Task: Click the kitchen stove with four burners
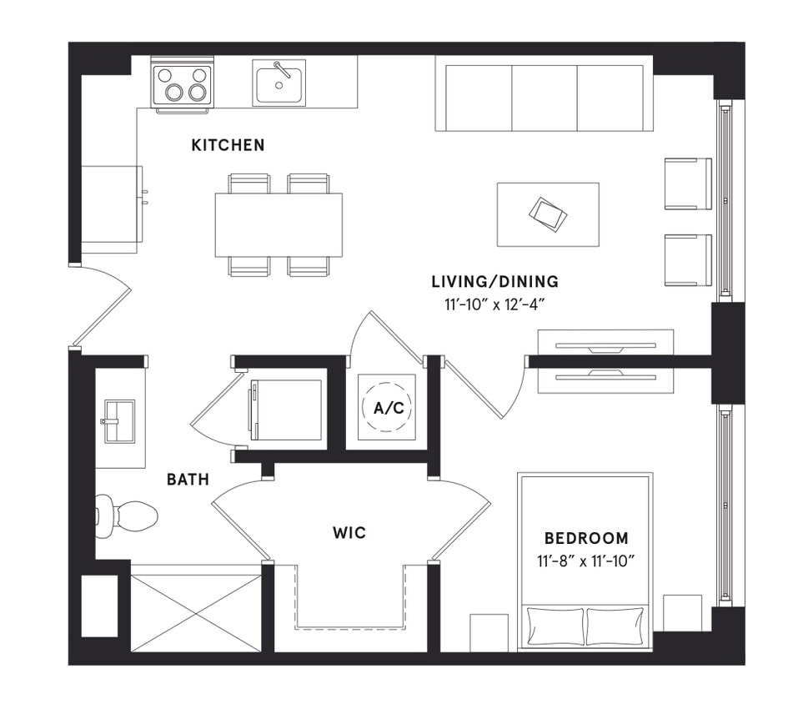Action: coord(182,84)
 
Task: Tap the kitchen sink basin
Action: coord(279,83)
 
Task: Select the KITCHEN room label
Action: coord(228,145)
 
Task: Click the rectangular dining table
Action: coord(279,224)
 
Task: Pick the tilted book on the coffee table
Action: coord(547,214)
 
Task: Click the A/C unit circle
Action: coord(387,407)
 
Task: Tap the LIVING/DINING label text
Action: coord(494,282)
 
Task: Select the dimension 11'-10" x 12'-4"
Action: coord(494,304)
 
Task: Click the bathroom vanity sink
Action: coord(118,421)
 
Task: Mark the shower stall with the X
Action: coord(196,607)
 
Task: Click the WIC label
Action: coord(349,532)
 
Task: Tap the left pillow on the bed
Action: coord(554,626)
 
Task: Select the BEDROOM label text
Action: coord(586,538)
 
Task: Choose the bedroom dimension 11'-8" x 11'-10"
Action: coord(585,560)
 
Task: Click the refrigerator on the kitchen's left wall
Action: coord(110,208)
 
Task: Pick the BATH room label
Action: coord(188,480)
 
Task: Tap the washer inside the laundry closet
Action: coord(286,409)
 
